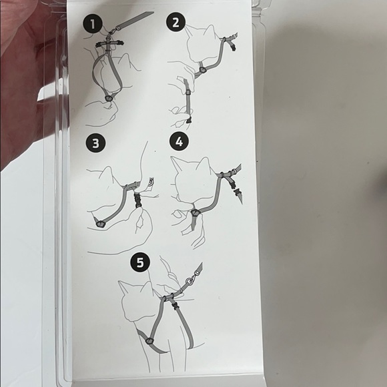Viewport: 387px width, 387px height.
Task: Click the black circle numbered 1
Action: click(x=93, y=24)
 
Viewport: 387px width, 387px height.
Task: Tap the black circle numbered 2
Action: click(x=175, y=23)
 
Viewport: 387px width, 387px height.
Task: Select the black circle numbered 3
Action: click(x=96, y=143)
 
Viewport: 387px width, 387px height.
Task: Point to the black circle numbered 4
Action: click(x=179, y=141)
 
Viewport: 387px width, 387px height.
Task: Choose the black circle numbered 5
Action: click(x=140, y=262)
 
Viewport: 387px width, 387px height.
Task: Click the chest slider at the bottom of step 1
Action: click(x=109, y=97)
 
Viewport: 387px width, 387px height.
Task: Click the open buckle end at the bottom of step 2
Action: click(x=189, y=120)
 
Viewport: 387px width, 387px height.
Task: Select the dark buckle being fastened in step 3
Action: click(x=137, y=200)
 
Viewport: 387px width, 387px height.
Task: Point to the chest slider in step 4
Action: click(x=196, y=212)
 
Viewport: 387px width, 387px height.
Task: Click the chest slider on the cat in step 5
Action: click(x=149, y=341)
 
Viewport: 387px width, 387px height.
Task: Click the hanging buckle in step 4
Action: click(x=237, y=191)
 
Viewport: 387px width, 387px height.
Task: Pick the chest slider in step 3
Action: click(x=101, y=224)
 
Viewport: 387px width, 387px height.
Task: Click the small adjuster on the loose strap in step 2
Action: click(x=188, y=92)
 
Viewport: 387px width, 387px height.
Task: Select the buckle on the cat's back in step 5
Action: click(x=175, y=306)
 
